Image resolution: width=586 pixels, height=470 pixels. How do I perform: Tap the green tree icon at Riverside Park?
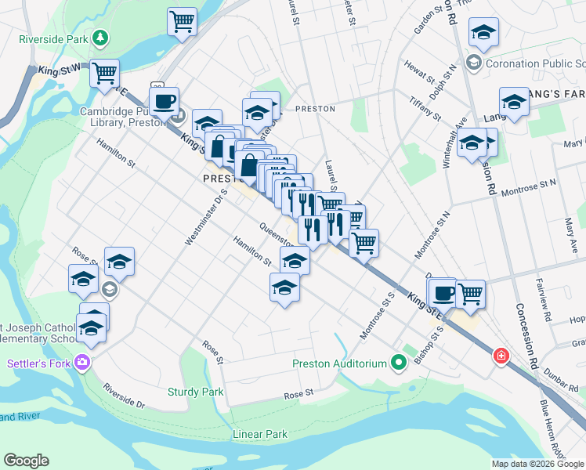coord(99,37)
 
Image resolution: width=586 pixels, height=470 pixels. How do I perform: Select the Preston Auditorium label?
coord(339,363)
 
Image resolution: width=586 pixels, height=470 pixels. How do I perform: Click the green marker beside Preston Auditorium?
coord(400,363)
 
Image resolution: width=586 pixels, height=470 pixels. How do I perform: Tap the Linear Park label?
coord(260,433)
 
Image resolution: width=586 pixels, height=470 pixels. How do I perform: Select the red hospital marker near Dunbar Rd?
coord(500,357)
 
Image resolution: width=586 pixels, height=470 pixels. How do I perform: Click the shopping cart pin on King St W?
coord(104,73)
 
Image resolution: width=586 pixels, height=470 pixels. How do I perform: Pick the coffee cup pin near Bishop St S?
coord(443,294)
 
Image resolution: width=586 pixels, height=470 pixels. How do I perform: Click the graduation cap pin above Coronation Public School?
coord(483,32)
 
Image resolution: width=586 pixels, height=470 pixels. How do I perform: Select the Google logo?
coord(26,461)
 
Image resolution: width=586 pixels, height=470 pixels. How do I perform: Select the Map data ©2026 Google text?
coord(537,464)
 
